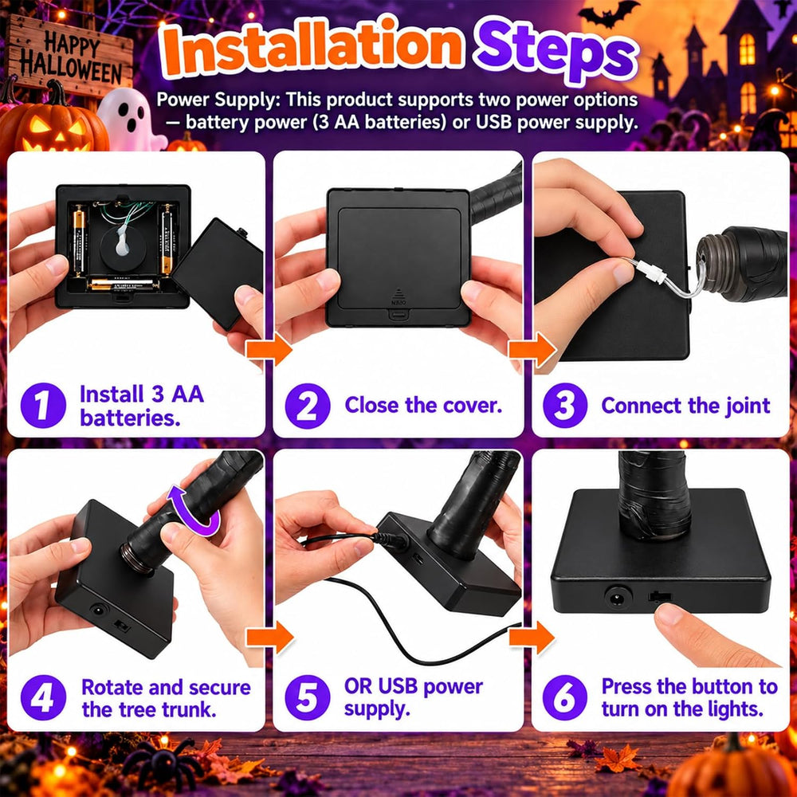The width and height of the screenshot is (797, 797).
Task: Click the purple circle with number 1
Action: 43,405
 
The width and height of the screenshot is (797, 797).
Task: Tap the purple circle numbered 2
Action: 308,406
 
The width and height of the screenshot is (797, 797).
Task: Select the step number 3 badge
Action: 565,406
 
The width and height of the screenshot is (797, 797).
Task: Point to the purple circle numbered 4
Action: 43,697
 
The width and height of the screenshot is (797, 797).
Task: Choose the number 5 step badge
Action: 308,697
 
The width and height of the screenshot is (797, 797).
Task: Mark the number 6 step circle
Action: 565,697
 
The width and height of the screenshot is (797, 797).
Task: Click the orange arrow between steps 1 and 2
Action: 269,349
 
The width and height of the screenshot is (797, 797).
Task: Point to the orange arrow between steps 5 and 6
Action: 532,638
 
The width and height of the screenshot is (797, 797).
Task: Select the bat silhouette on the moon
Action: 609,14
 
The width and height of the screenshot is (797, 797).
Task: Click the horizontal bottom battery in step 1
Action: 122,285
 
